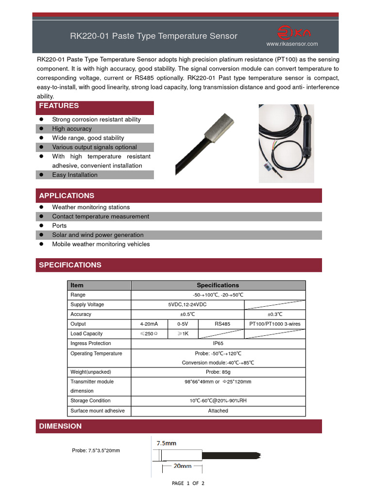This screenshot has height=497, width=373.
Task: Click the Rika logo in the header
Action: tap(294, 33)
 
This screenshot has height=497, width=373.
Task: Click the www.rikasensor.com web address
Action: tap(292, 44)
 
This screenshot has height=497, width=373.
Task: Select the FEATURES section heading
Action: tap(59, 106)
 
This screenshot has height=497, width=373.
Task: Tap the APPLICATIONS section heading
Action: tap(67, 196)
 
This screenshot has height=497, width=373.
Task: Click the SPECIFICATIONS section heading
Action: tap(70, 265)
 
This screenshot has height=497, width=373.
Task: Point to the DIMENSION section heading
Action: tap(60, 426)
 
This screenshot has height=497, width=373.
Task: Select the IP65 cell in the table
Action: tap(218, 343)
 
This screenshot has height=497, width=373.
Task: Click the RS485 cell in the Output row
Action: tap(222, 324)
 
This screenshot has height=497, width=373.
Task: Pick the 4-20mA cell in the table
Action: tap(149, 324)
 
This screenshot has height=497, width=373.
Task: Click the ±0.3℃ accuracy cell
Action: tap(275, 314)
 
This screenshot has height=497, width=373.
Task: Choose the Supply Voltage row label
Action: tap(87, 304)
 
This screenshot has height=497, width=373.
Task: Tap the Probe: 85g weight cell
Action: tap(218, 372)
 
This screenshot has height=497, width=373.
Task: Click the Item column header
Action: tap(77, 285)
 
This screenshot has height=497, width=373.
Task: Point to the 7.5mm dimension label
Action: tap(166, 443)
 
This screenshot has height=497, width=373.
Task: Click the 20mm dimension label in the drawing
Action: tap(182, 466)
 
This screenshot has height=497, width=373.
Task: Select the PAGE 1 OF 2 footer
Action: tap(188, 483)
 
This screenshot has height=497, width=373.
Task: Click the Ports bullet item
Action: tap(59, 226)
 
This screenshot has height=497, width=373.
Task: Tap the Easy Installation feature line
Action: tap(75, 175)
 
